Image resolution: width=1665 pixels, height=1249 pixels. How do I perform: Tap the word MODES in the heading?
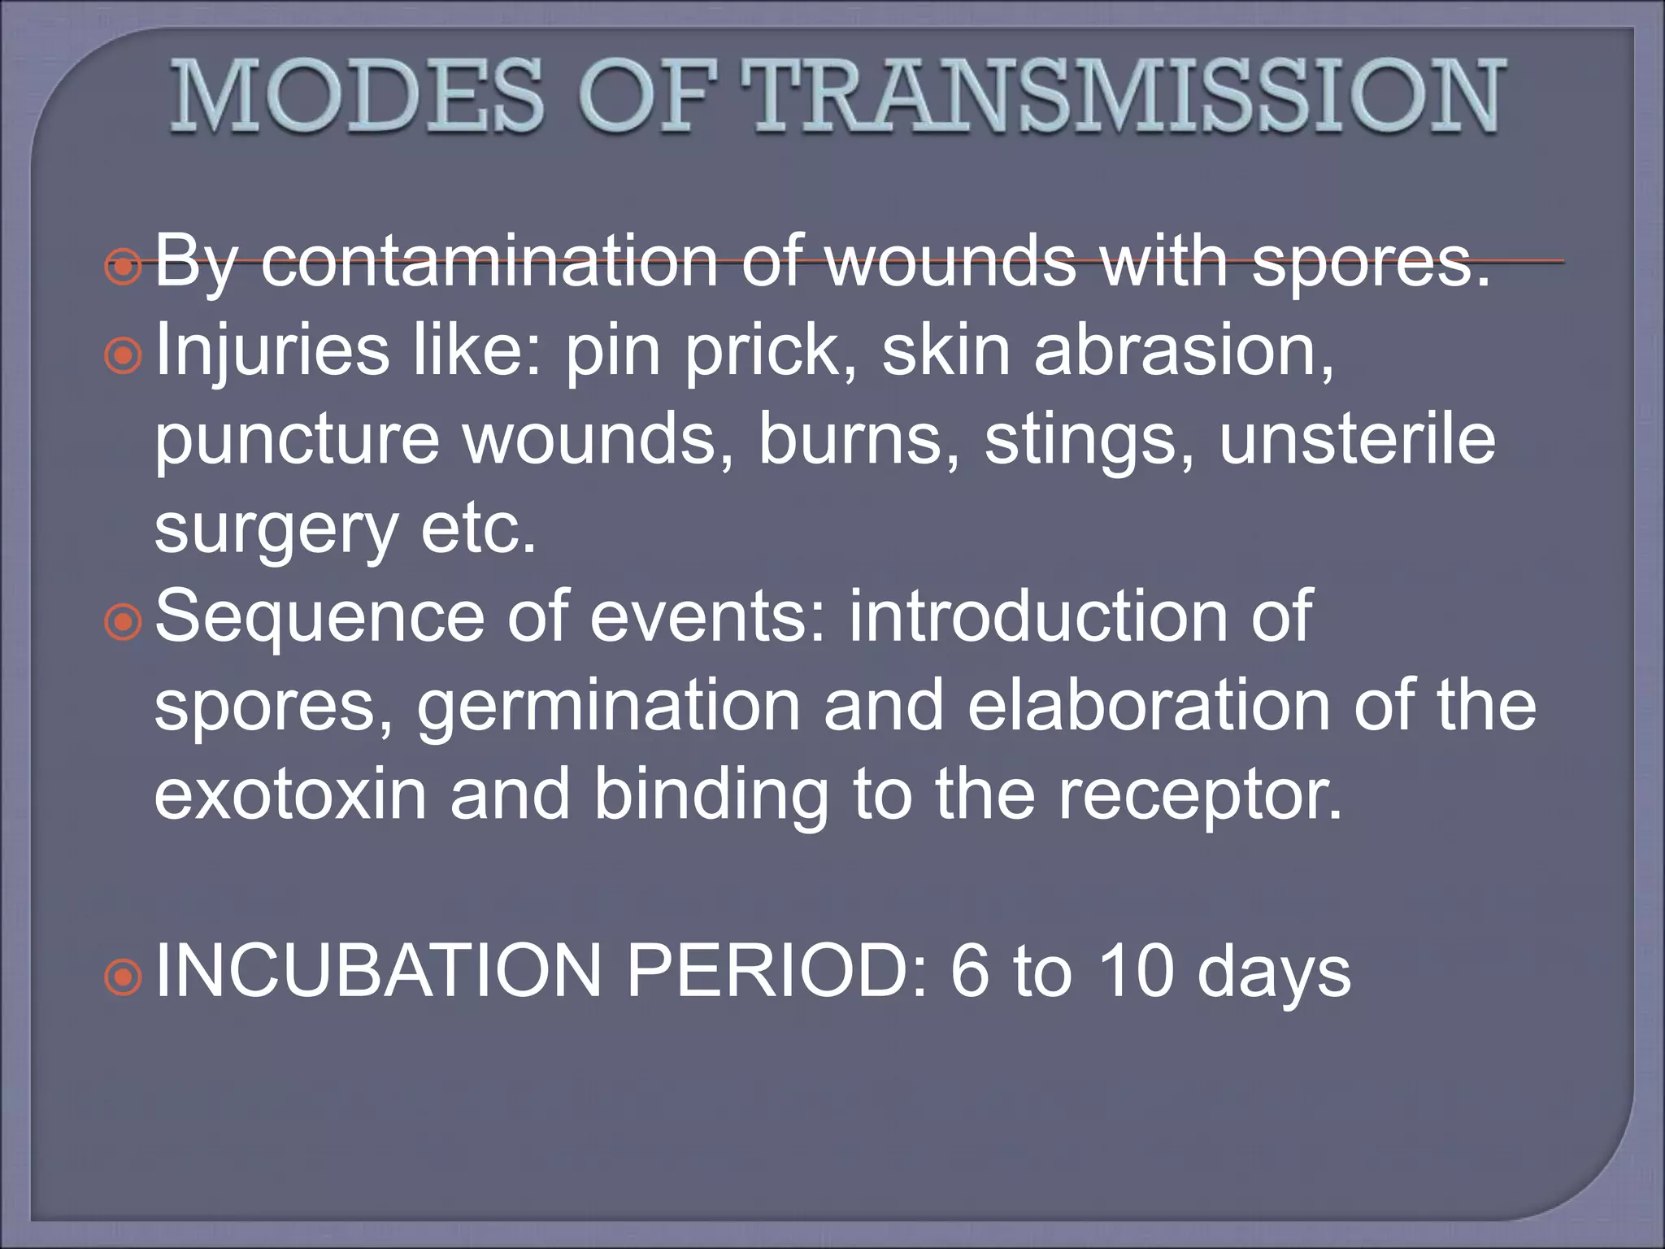[x=357, y=96]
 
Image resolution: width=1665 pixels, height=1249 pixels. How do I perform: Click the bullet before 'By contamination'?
[x=124, y=265]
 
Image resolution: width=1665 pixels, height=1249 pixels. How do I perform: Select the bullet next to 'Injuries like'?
[x=124, y=355]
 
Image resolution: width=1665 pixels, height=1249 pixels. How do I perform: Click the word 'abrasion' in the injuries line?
[x=1183, y=351]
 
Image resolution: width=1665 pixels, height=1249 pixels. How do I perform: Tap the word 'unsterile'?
[x=1357, y=440]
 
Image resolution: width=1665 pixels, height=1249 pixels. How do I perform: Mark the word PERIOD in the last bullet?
[x=776, y=971]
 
